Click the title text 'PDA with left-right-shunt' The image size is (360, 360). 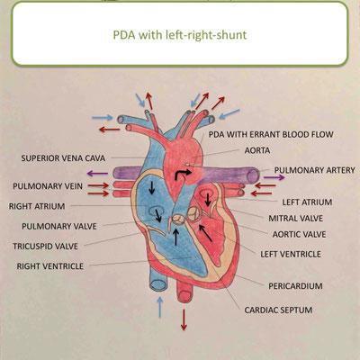tap(180, 35)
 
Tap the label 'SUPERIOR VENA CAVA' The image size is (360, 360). tap(63, 158)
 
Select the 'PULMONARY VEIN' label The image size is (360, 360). tap(48, 186)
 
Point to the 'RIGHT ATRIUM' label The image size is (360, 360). tap(37, 206)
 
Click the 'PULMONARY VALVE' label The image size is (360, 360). tap(59, 226)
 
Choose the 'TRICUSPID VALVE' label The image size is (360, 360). tap(45, 247)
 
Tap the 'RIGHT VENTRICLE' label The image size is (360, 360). tap(50, 266)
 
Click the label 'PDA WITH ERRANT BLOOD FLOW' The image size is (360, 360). tap(271, 134)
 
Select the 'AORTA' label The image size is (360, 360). tap(257, 150)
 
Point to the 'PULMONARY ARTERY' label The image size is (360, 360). tap(314, 170)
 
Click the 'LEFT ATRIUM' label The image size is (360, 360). tap(307, 202)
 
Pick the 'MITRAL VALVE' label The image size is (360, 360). tap(295, 219)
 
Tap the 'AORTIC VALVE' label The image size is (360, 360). tap(299, 234)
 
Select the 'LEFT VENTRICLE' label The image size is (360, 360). tap(291, 255)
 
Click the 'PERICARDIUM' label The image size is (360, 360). tap(295, 286)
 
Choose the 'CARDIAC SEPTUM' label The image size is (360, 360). tap(278, 310)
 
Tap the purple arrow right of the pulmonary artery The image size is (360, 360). tap(274, 177)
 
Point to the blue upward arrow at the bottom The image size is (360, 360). tap(160, 307)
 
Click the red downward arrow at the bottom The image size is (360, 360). tap(184, 319)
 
